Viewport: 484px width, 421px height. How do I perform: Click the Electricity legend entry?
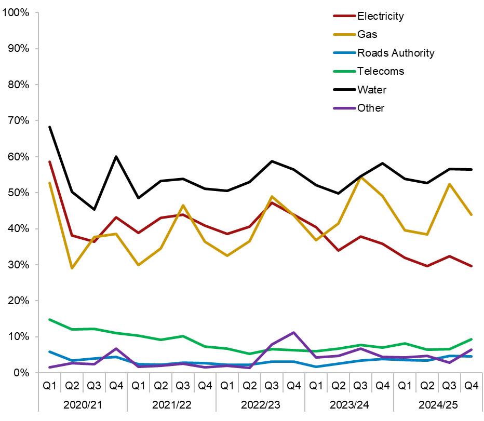coord(380,16)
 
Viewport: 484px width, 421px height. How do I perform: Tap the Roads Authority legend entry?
coord(395,53)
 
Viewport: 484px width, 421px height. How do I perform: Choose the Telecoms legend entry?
coord(380,71)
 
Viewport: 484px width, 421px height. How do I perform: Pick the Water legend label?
coord(371,90)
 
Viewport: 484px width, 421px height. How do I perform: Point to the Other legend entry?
coord(370,108)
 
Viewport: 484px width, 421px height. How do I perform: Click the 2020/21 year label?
coord(83,404)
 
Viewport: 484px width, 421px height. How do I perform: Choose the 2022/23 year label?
coord(260,404)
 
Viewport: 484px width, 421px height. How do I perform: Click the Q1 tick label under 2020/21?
coord(50,386)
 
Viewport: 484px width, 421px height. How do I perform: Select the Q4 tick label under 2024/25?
coord(471,386)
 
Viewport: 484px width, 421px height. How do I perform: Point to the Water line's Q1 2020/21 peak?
coord(50,127)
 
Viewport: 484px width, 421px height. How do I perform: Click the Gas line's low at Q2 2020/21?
coord(72,268)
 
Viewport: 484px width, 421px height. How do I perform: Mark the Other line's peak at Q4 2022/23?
coord(293,332)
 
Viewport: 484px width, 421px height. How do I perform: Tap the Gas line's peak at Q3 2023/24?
coord(360,177)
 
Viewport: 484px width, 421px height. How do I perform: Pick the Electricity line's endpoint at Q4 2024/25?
coord(471,266)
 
